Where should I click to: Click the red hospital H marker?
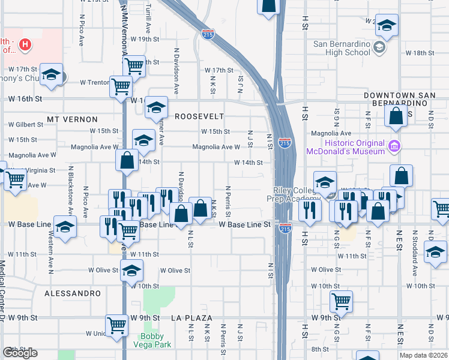[25, 44]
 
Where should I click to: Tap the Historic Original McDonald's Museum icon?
[394, 146]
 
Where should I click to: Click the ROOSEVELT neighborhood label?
[199, 116]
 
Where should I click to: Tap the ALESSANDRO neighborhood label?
[73, 293]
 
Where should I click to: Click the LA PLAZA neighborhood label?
[193, 317]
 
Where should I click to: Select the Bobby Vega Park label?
[156, 340]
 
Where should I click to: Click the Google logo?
[20, 353]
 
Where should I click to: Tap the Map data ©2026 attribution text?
[424, 355]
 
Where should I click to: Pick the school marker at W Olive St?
[132, 270]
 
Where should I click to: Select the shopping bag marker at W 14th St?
[127, 160]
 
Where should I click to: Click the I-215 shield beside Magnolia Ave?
[285, 143]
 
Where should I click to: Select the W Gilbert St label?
[26, 125]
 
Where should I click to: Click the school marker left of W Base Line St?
[65, 226]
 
